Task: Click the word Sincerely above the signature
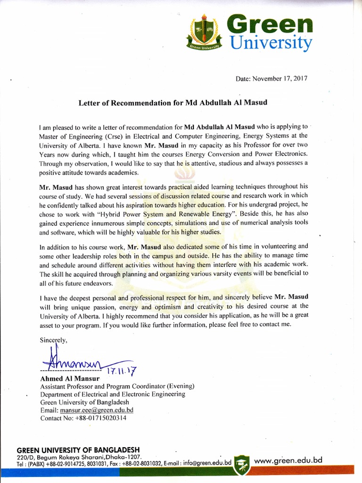pos(54,340)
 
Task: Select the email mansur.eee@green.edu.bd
pos(97,410)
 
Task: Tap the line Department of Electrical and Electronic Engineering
pos(113,394)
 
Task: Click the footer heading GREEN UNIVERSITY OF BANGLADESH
pos(78,450)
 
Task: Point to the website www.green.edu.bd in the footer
pos(288,459)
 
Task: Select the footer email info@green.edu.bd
pos(207,463)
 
